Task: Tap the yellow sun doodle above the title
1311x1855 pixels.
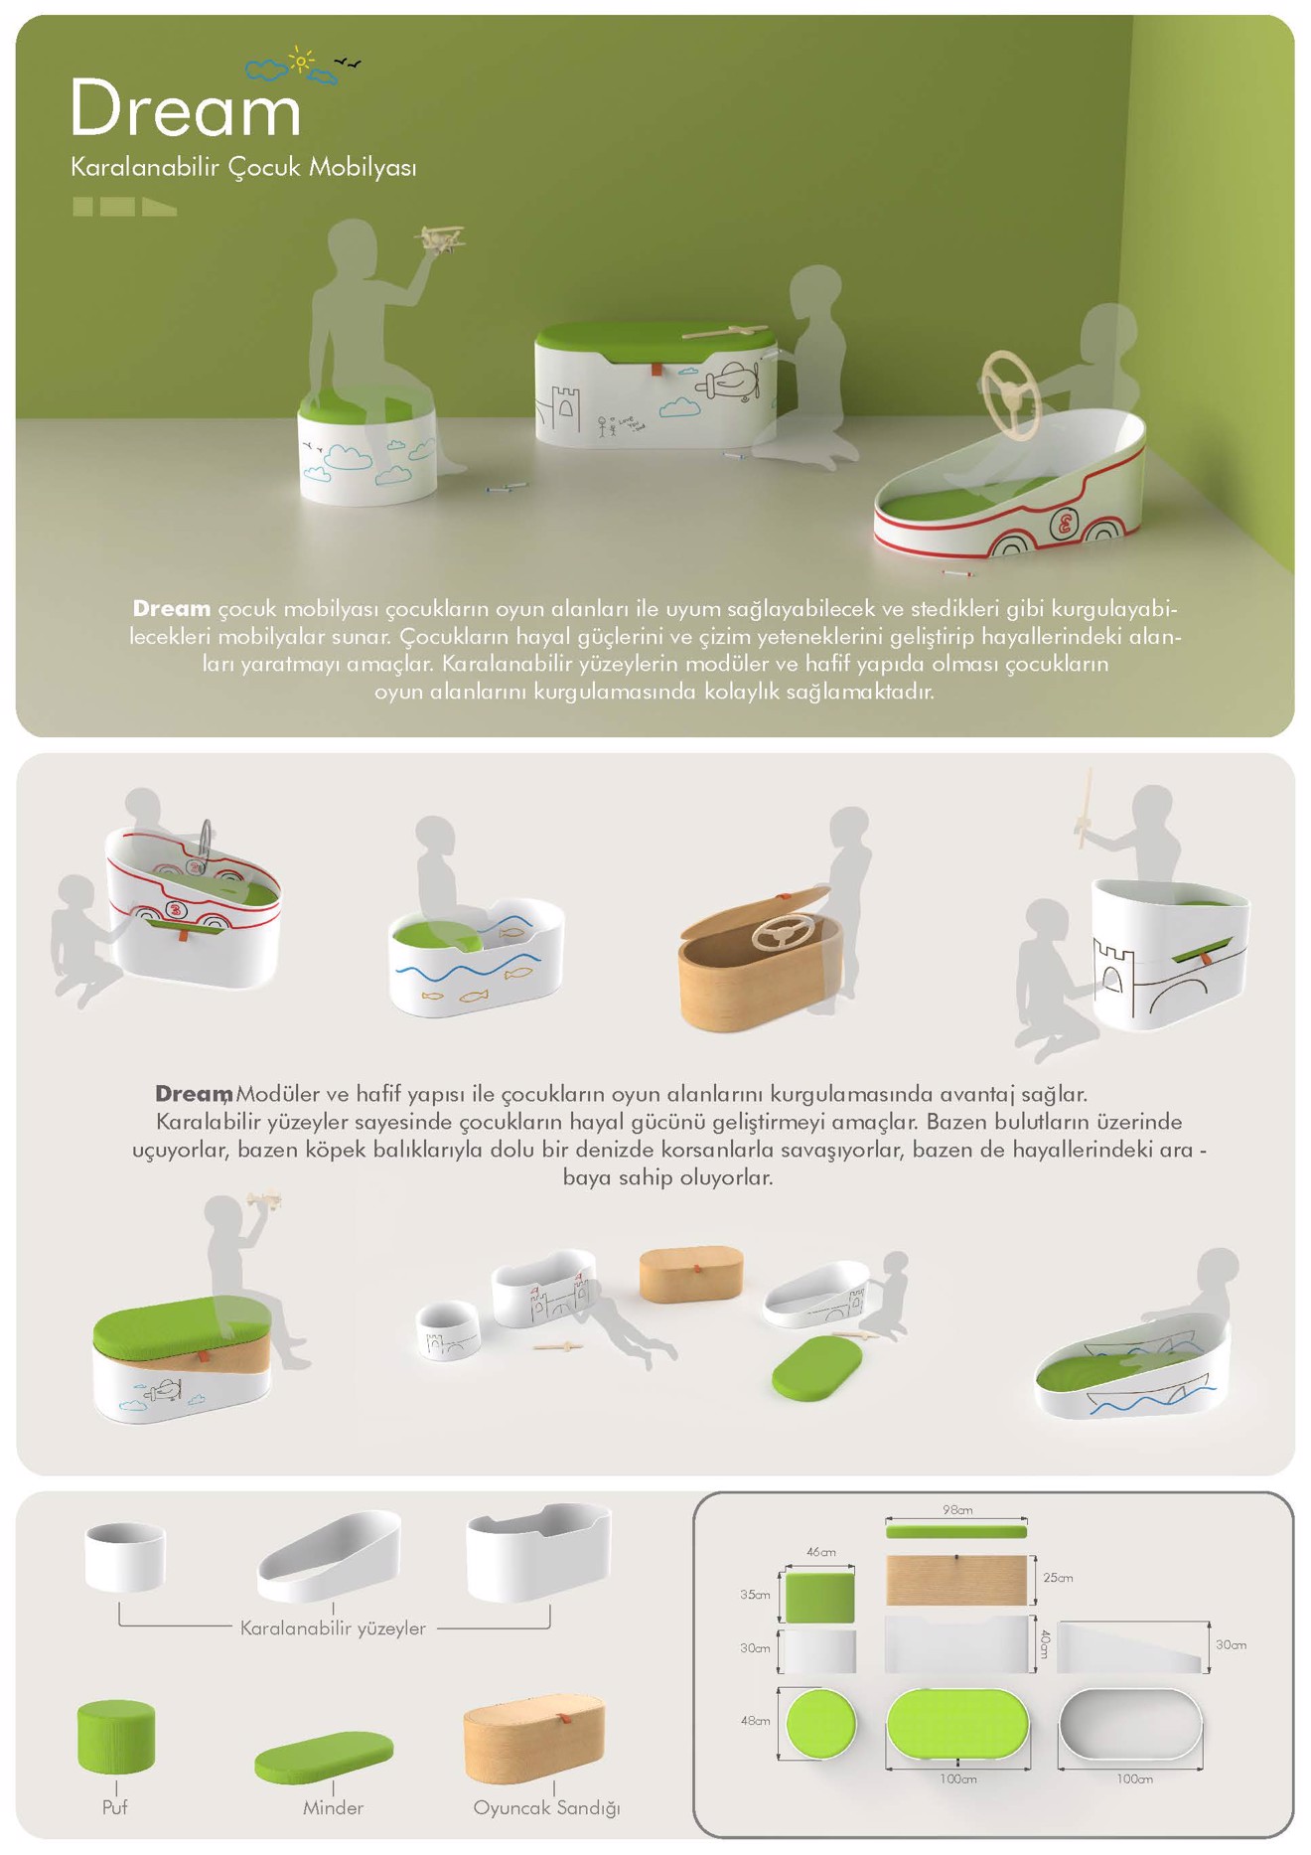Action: (300, 61)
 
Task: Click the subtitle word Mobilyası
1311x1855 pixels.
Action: (363, 167)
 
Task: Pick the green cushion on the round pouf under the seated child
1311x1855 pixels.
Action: (365, 407)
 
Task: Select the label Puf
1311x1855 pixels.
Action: (115, 1807)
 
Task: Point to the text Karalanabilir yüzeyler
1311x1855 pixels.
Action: (333, 1628)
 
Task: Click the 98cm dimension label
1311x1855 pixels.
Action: (957, 1510)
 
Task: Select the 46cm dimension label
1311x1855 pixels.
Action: (820, 1552)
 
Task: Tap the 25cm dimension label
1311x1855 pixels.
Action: (1058, 1578)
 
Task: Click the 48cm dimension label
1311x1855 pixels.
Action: (755, 1721)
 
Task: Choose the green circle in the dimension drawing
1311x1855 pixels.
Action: (820, 1724)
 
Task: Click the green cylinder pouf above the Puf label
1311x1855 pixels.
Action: (116, 1737)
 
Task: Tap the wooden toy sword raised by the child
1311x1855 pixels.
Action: (1086, 807)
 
